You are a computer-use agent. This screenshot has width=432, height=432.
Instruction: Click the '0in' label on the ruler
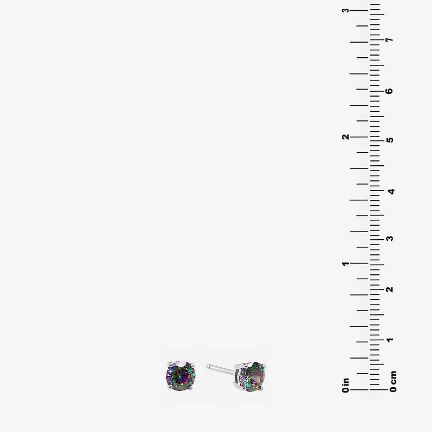[x=346, y=385]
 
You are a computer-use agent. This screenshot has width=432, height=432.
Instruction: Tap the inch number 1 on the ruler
[x=346, y=264]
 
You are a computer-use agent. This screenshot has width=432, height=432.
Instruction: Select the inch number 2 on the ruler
[x=346, y=137]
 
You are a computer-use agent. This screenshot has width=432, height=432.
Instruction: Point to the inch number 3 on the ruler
[x=346, y=10]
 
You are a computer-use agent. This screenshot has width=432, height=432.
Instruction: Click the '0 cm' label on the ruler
[x=393, y=381]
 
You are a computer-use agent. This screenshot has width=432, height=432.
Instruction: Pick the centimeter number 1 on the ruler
[x=390, y=340]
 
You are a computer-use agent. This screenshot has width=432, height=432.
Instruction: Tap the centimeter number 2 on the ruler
[x=389, y=289]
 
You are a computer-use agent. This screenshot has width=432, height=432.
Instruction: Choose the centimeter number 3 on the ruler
[x=389, y=238]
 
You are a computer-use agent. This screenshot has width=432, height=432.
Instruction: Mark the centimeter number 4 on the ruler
[x=391, y=191]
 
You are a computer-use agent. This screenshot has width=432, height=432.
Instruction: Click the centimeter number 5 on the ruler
[x=390, y=140]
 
